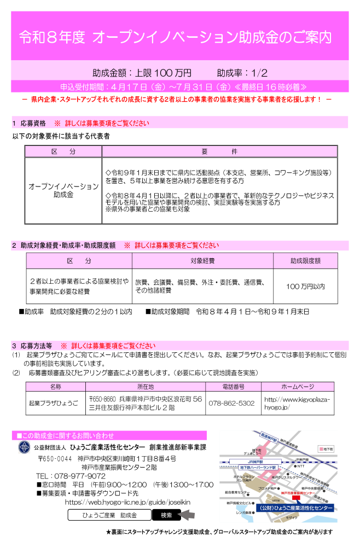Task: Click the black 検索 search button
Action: (166, 515)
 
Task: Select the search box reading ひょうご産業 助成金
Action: (109, 515)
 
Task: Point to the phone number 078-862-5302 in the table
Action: (231, 403)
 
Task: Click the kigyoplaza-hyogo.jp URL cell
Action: (297, 404)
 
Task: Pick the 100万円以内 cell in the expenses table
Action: (305, 286)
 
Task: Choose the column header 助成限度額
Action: (305, 261)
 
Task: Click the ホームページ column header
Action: (297, 387)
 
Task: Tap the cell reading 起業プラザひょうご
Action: (54, 403)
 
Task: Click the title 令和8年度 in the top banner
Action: (52, 37)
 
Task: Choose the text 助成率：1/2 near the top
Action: (242, 72)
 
